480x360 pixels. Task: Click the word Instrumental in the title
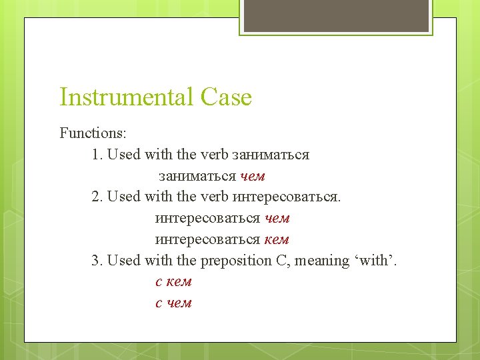pyautogui.click(x=126, y=97)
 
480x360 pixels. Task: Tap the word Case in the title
pyautogui.click(x=225, y=97)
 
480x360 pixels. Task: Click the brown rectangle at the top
pyautogui.click(x=335, y=16)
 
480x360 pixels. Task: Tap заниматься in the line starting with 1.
pyautogui.click(x=270, y=155)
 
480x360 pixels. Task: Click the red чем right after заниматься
pyautogui.click(x=253, y=176)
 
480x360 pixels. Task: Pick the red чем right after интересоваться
pyautogui.click(x=277, y=218)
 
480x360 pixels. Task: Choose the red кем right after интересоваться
pyautogui.click(x=277, y=239)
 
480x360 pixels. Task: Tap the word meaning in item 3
pyautogui.click(x=321, y=260)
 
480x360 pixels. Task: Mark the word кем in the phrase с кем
pyautogui.click(x=178, y=281)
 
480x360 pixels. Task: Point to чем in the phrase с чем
pyautogui.click(x=178, y=303)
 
